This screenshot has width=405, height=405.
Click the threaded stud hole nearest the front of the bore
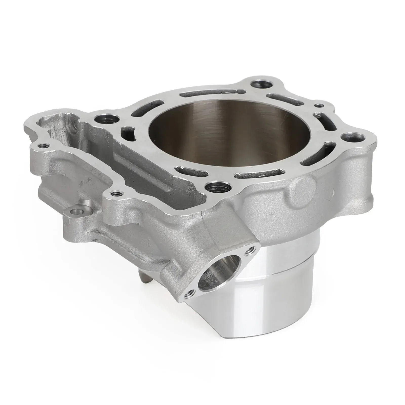(x=213, y=187)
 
